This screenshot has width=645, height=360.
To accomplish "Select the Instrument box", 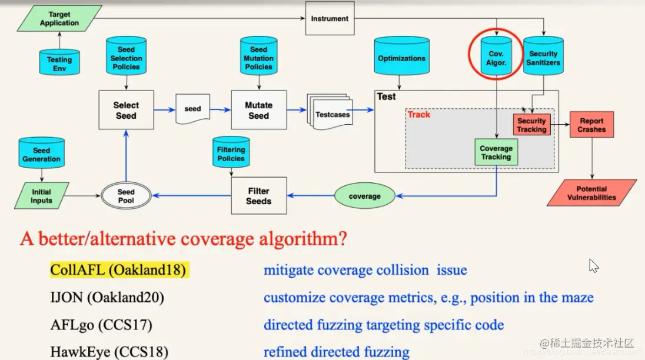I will tap(330, 18).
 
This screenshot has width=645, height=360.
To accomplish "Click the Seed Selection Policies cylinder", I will tap(126, 57).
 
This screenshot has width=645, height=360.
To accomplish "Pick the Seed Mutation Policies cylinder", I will tap(258, 57).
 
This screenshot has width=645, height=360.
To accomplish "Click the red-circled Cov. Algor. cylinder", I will tap(496, 58).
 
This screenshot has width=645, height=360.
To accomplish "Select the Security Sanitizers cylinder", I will tap(543, 58).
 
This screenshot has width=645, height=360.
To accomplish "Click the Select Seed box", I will tap(126, 111).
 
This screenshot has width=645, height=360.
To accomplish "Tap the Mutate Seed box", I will tap(258, 111).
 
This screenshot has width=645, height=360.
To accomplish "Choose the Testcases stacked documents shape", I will tap(331, 114).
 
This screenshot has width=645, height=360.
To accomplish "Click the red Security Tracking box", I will tap(531, 125).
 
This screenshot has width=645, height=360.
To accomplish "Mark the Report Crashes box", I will tap(591, 125).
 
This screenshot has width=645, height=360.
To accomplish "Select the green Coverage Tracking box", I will tap(496, 152).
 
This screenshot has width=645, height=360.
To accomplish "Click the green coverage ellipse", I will tap(364, 196).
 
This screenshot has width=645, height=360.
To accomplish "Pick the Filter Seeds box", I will tap(258, 196).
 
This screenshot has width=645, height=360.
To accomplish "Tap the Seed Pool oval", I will tap(126, 196).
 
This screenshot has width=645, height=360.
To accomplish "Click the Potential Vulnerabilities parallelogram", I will tap(591, 193).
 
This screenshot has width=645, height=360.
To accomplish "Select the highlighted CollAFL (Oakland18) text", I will tap(118, 270).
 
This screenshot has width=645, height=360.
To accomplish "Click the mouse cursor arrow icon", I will tap(593, 266).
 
